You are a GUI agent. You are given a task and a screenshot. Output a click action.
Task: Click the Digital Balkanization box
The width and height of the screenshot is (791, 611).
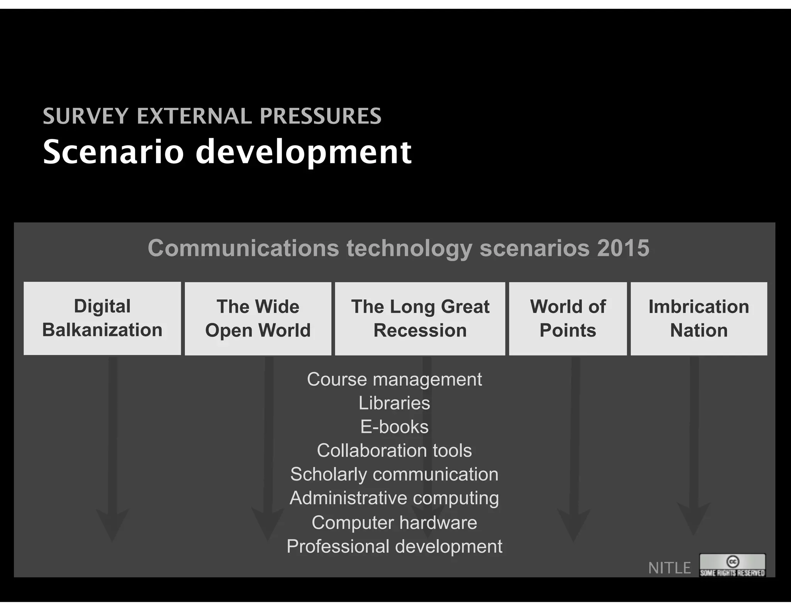tap(102, 318)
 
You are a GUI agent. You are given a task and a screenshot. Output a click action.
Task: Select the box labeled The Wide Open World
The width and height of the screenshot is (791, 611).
tap(258, 319)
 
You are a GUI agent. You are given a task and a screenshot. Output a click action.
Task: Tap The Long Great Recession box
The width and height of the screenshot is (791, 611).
tap(420, 319)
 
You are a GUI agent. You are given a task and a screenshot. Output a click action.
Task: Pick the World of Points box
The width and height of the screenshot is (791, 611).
tap(568, 319)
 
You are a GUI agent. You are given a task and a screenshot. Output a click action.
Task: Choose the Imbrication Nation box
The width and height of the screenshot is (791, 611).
tap(699, 319)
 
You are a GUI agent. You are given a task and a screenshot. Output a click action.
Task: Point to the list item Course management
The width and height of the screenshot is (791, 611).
tap(394, 379)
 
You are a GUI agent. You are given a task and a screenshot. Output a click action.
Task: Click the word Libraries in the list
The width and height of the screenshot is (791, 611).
tap(394, 403)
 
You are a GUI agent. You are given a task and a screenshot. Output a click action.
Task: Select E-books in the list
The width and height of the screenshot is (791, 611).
tap(394, 427)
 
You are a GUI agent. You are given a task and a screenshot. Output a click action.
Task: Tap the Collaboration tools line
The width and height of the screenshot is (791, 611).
tap(394, 451)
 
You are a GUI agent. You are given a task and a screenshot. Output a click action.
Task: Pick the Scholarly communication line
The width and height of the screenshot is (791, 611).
tap(394, 474)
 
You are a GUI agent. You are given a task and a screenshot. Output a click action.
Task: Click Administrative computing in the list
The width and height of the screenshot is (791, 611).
tap(394, 498)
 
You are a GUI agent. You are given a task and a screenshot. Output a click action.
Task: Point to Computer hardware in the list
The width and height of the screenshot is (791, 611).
tap(394, 523)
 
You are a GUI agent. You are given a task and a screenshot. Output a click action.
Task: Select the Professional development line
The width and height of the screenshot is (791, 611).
tap(394, 547)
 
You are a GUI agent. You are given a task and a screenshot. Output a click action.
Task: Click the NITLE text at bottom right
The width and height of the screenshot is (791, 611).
tap(669, 568)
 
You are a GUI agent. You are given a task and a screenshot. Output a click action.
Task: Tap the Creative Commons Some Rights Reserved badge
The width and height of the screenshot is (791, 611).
tap(732, 565)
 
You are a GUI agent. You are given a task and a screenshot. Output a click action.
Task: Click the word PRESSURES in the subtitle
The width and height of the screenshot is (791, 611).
tap(321, 116)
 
